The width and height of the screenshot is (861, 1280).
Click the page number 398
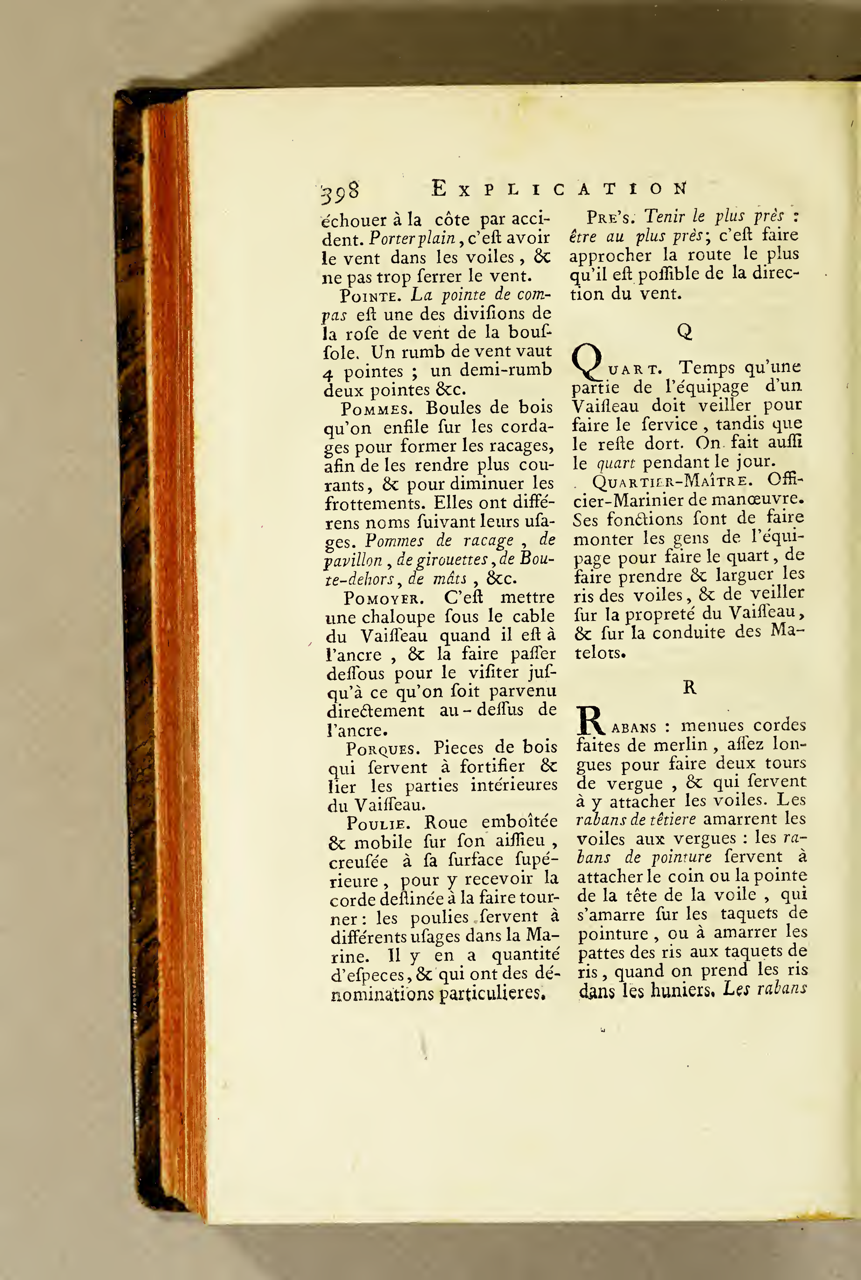click(x=340, y=191)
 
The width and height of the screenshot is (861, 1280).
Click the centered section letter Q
click(x=684, y=332)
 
